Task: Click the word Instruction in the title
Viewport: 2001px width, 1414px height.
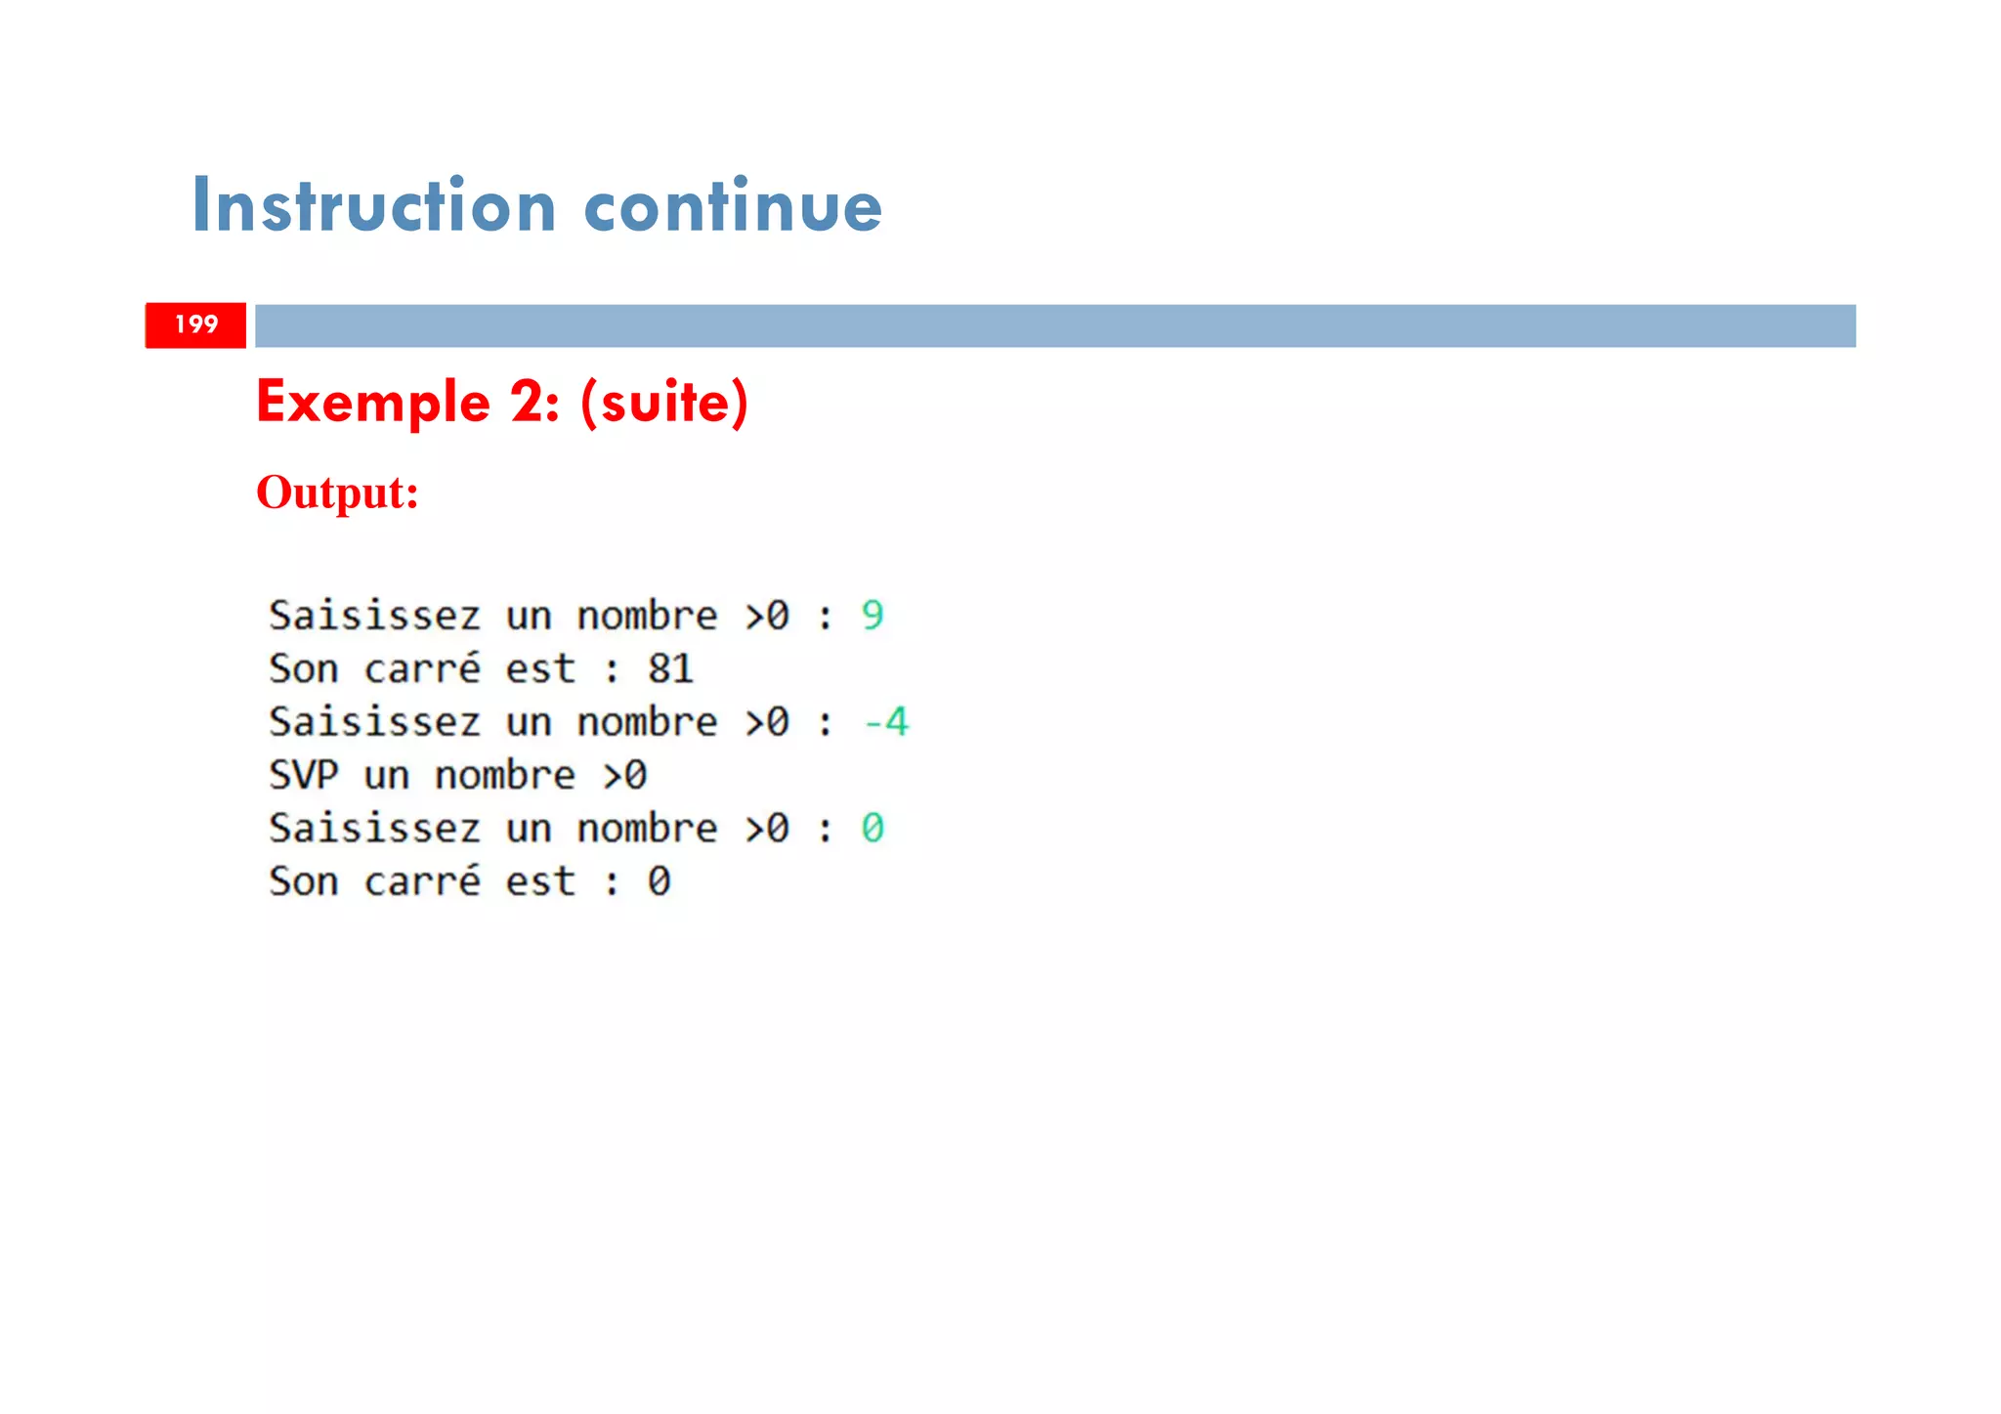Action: click(x=374, y=205)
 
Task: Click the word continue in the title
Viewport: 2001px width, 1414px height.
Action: click(x=733, y=205)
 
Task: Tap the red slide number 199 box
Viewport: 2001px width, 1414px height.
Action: click(x=195, y=324)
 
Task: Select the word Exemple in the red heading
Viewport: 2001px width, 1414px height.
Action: click(x=372, y=402)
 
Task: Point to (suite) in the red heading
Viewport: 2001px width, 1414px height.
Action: click(x=664, y=402)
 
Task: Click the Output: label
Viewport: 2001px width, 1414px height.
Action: click(x=337, y=492)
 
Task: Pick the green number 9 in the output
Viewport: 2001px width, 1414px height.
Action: click(x=873, y=616)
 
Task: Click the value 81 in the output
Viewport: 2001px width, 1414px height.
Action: click(x=670, y=669)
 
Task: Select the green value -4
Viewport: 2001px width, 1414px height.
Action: click(x=886, y=722)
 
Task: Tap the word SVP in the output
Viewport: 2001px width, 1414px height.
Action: click(x=303, y=776)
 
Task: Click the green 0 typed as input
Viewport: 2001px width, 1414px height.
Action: click(x=873, y=829)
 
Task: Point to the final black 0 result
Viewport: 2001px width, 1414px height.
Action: click(x=660, y=881)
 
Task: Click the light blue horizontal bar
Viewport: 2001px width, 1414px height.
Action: click(x=1055, y=325)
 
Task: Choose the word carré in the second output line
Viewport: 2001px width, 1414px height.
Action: click(x=422, y=669)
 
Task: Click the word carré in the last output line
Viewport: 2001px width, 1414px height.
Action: click(x=422, y=881)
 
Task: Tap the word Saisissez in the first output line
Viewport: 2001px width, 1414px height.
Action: click(x=374, y=616)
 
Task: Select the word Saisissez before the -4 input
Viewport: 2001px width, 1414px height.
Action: click(x=374, y=722)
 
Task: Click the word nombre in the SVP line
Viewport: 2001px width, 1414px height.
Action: click(x=505, y=776)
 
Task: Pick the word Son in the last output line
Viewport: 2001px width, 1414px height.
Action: click(x=303, y=881)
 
